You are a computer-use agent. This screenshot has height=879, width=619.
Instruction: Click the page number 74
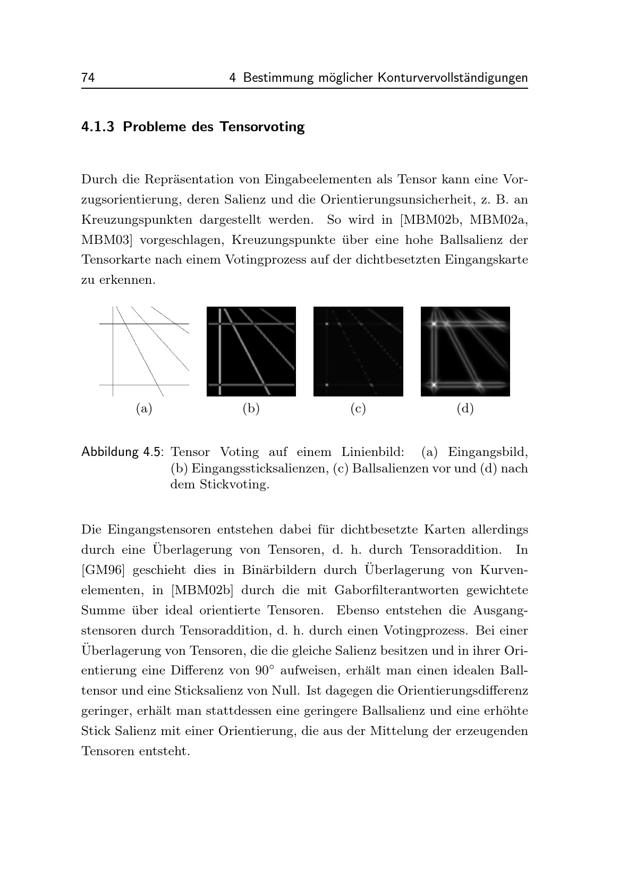pyautogui.click(x=88, y=78)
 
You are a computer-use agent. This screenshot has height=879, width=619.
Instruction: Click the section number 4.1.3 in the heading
pyautogui.click(x=98, y=127)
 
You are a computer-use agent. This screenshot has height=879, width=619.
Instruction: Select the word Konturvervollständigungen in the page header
pyautogui.click(x=453, y=78)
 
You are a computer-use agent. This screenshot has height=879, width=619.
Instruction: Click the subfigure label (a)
pyautogui.click(x=144, y=409)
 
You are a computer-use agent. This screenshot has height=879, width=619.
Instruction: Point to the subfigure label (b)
pyautogui.click(x=251, y=409)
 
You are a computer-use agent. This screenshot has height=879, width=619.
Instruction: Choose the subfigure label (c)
pyautogui.click(x=358, y=409)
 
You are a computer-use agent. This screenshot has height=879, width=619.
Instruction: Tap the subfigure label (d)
pyautogui.click(x=465, y=409)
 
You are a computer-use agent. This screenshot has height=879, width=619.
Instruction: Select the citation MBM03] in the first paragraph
pyautogui.click(x=106, y=240)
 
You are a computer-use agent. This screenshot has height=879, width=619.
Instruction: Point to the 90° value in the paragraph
pyautogui.click(x=263, y=671)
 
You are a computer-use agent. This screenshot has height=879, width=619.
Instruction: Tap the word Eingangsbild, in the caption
pyautogui.click(x=488, y=453)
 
